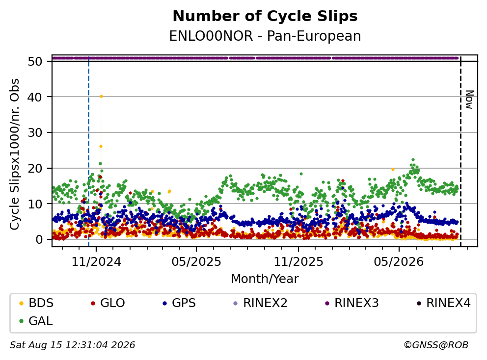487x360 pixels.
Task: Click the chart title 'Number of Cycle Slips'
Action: click(265, 16)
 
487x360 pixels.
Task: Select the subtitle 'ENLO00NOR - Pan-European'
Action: click(265, 36)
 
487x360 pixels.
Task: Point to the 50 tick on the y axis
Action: click(35, 61)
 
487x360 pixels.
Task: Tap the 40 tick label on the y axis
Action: click(35, 97)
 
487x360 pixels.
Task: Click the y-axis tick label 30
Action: click(35, 133)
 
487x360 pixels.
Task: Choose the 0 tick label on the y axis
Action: click(39, 239)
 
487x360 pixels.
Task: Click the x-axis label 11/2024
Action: click(96, 262)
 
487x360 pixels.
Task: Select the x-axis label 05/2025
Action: click(196, 262)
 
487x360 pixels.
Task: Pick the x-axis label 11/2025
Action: click(298, 262)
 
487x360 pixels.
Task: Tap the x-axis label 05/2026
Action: click(399, 262)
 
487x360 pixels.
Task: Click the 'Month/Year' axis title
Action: click(265, 279)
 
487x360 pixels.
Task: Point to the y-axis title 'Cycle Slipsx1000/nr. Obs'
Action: click(15, 154)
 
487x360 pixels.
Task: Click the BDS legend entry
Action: click(36, 303)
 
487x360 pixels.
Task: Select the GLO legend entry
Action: click(108, 303)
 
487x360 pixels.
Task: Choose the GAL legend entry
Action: click(36, 321)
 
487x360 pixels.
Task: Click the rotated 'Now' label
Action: click(470, 100)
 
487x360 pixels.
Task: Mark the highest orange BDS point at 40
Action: click(101, 97)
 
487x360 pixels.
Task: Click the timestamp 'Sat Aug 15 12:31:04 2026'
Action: click(72, 345)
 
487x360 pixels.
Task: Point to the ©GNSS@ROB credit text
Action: click(436, 345)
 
